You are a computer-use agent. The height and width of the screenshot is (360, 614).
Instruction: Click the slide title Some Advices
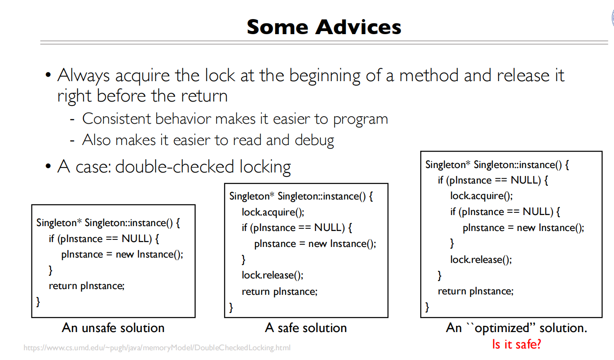click(324, 27)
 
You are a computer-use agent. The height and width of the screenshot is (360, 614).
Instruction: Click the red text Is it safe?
click(516, 344)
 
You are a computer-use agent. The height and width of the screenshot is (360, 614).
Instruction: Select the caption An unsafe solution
click(113, 328)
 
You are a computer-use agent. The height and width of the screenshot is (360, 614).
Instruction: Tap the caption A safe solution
click(306, 328)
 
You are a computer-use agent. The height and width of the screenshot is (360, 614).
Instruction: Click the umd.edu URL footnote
click(157, 348)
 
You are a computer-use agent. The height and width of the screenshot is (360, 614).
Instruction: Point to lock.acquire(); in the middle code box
click(273, 212)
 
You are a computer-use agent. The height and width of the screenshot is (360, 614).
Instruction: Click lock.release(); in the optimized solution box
click(481, 260)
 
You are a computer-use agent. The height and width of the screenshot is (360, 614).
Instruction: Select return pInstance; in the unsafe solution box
click(87, 286)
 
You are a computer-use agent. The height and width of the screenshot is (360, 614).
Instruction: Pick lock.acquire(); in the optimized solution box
click(481, 196)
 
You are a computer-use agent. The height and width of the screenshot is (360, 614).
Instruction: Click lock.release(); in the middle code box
click(272, 275)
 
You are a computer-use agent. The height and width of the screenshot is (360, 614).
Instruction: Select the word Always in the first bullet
click(83, 75)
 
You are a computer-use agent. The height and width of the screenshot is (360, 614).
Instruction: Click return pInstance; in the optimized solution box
click(476, 291)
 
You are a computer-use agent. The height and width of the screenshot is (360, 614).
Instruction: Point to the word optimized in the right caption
click(500, 328)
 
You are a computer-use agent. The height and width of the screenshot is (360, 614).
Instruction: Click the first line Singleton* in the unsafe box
click(58, 223)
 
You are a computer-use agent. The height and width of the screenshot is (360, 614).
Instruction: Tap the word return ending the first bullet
click(204, 96)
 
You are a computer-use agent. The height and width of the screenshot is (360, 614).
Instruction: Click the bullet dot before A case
click(48, 168)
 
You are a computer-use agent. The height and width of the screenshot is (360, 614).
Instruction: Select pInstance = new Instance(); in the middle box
click(315, 244)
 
